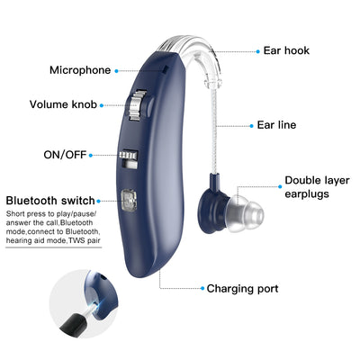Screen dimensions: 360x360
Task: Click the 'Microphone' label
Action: pos(80,70)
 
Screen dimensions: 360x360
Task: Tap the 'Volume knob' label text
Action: pos(63,104)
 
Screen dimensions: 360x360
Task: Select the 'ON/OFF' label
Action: pos(65,155)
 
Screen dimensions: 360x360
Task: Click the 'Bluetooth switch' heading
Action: pos(50,201)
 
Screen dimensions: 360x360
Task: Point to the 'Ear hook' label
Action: pos(286,50)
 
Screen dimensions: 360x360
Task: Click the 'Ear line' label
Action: pos(276,125)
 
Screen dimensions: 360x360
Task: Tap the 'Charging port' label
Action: pos(242,289)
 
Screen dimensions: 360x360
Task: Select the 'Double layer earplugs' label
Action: pos(317,187)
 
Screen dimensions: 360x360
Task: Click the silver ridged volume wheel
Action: pos(135,104)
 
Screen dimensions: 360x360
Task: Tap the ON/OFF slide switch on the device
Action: pos(129,159)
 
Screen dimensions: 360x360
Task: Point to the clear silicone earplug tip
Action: pos(245,213)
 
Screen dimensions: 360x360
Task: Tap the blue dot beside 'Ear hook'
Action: pos(257,51)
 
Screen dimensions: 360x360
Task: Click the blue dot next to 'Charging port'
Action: pos(202,288)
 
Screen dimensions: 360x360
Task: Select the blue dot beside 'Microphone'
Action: pos(116,71)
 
